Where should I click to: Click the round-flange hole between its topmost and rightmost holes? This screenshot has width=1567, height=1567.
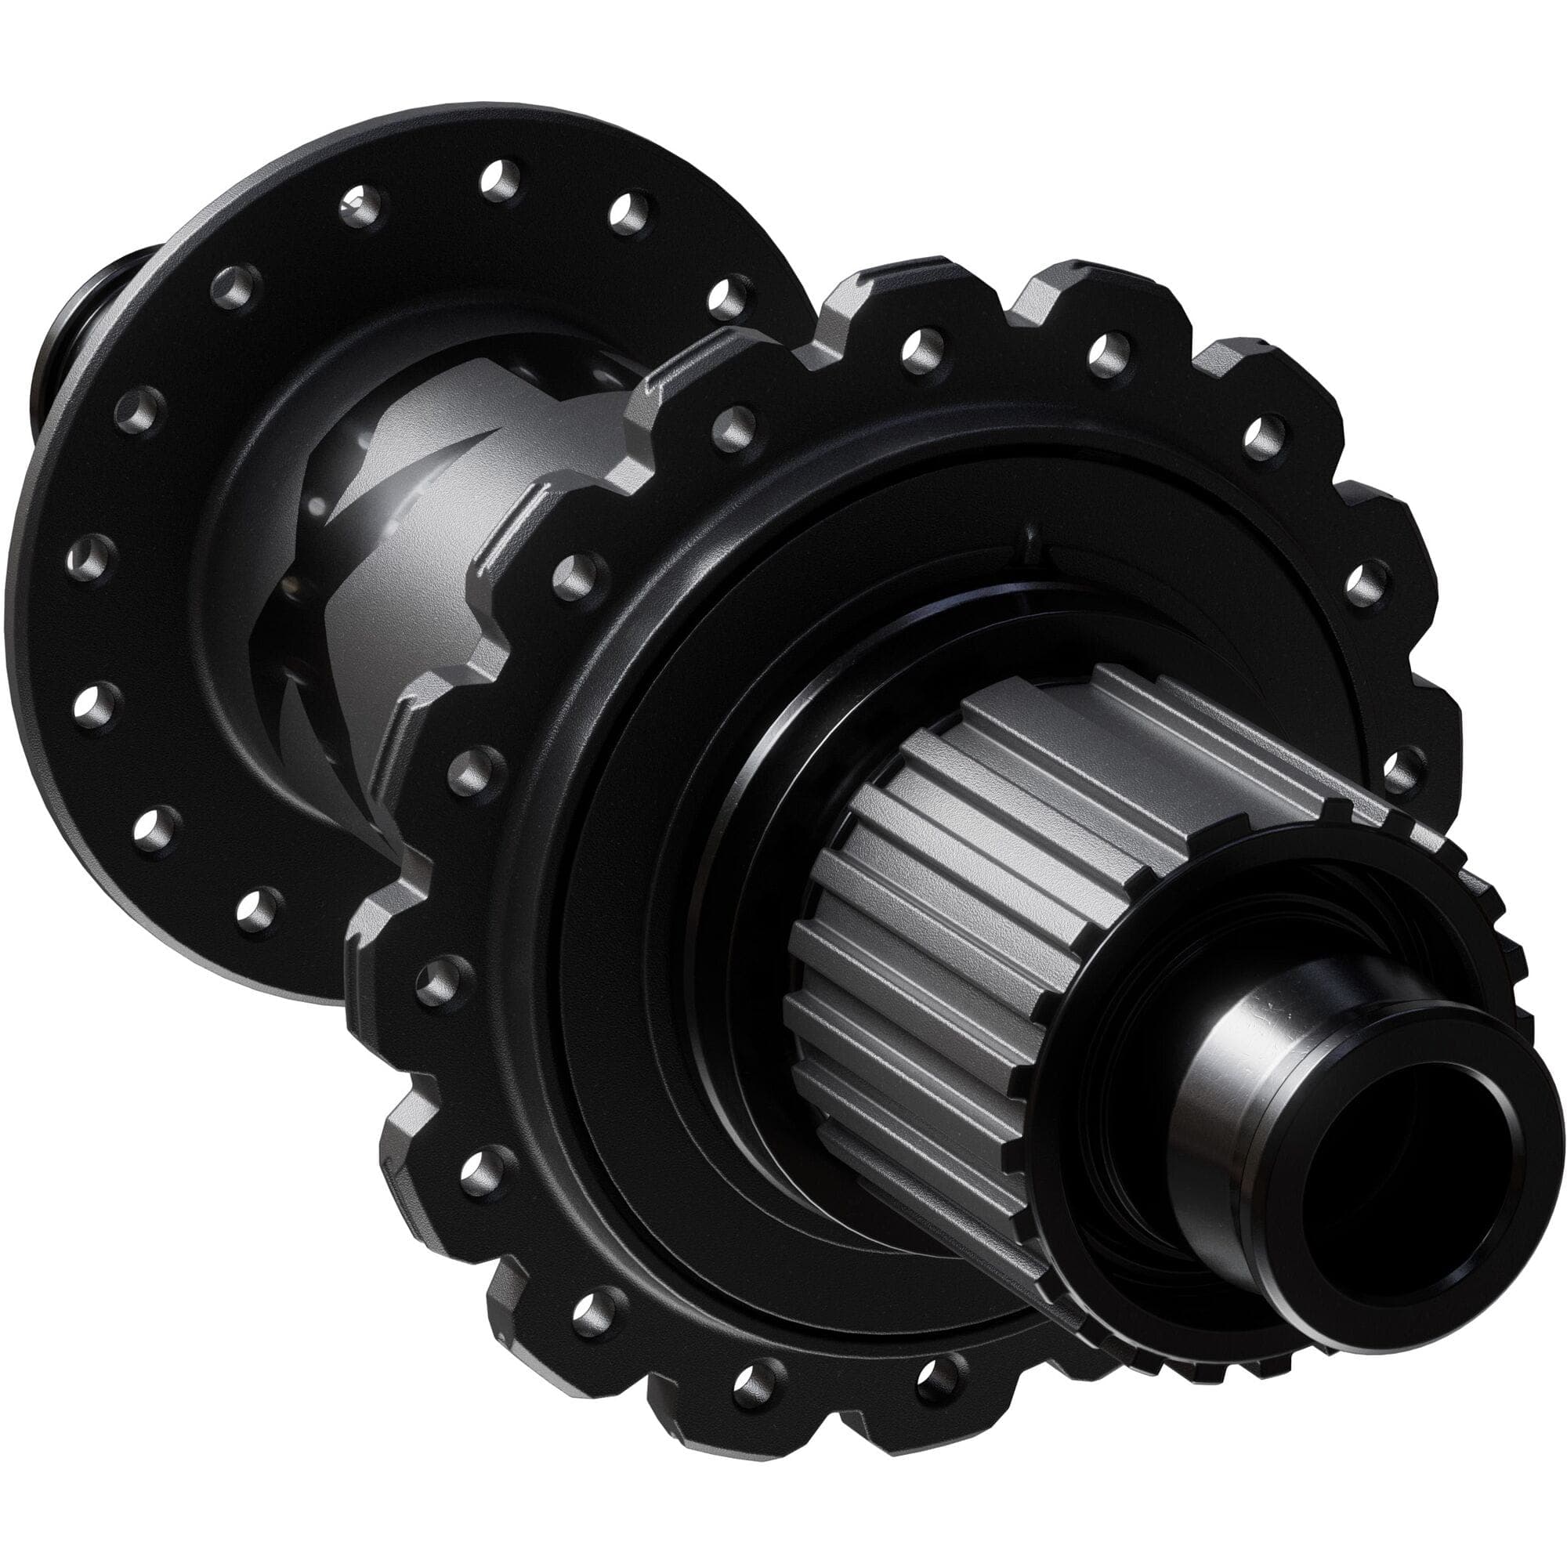click(x=628, y=212)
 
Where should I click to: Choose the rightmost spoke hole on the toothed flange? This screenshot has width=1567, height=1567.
click(x=1400, y=770)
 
